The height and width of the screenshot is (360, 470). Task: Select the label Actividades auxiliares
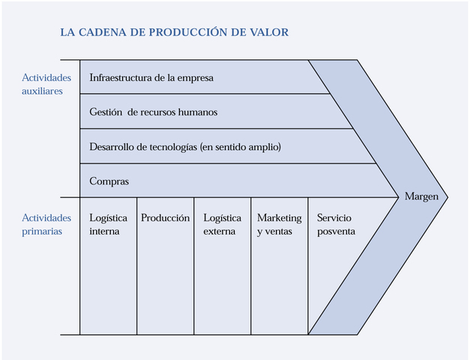pos(47,83)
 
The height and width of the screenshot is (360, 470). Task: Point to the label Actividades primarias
pos(46,224)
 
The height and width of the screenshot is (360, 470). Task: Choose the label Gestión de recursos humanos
pos(153,112)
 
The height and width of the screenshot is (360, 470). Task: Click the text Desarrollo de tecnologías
pos(142,147)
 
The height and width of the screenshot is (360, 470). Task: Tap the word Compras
pos(109,181)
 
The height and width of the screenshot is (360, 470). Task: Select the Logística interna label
pos(108,224)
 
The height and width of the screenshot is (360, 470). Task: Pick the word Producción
pos(165,218)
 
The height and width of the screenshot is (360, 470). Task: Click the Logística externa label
pos(223,224)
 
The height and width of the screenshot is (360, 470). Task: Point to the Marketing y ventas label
pos(279,224)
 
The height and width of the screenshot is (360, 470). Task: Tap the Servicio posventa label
pos(336,224)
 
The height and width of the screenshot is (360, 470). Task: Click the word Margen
pos(421,196)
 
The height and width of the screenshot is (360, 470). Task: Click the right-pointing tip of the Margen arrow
pos(447,197)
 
